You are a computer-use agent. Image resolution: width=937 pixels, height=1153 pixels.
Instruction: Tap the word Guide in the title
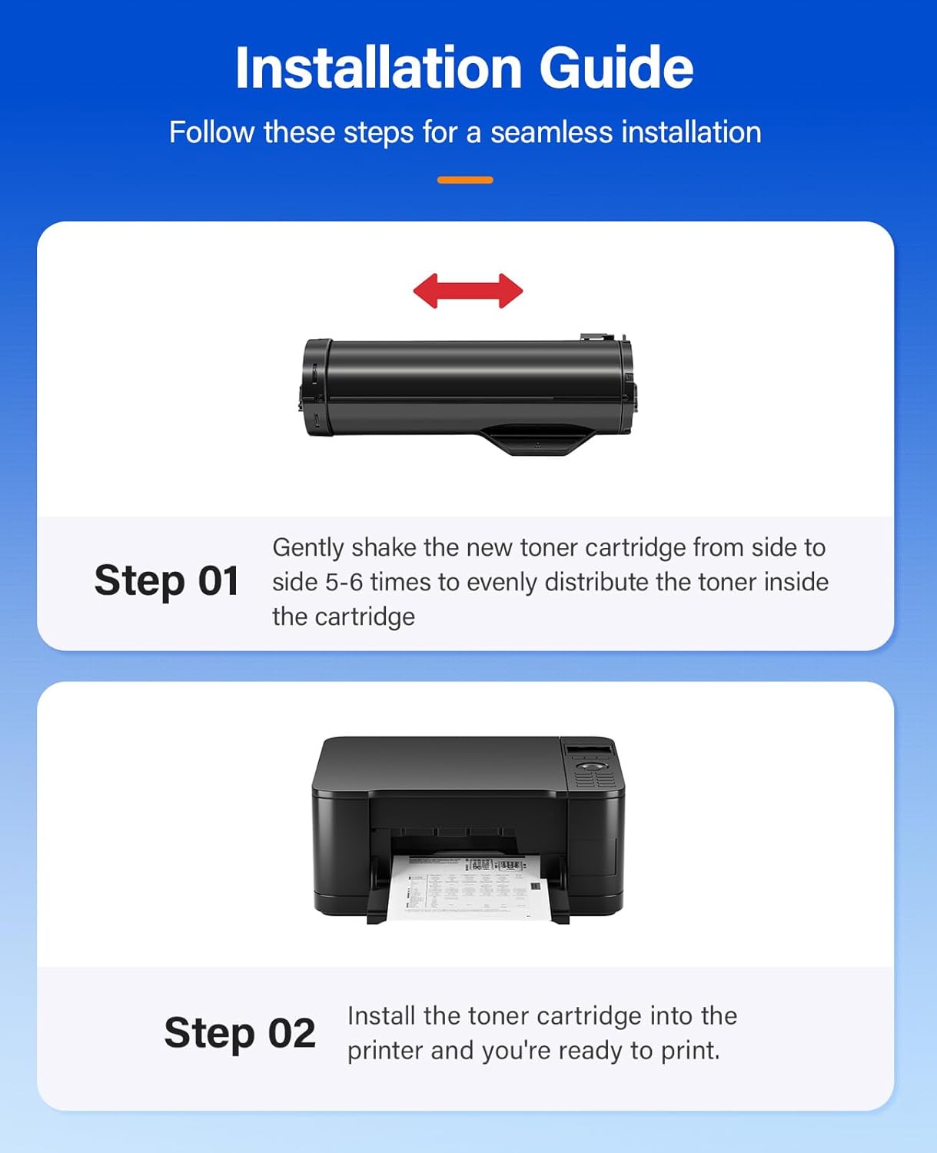[616, 68]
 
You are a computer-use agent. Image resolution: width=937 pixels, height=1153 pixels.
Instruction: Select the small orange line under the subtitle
[465, 180]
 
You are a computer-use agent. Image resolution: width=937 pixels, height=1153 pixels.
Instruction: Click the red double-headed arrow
[468, 291]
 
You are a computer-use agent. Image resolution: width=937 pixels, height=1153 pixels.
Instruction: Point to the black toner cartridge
[467, 388]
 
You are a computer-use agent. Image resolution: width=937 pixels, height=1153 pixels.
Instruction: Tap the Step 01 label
[166, 580]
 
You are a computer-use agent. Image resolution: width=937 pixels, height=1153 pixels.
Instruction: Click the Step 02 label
[240, 1032]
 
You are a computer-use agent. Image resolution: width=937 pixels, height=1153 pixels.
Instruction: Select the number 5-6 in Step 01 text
[344, 582]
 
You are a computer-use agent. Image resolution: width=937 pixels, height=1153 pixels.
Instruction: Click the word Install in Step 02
[381, 1015]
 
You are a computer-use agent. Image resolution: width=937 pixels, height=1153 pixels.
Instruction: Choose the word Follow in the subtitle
[211, 132]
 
